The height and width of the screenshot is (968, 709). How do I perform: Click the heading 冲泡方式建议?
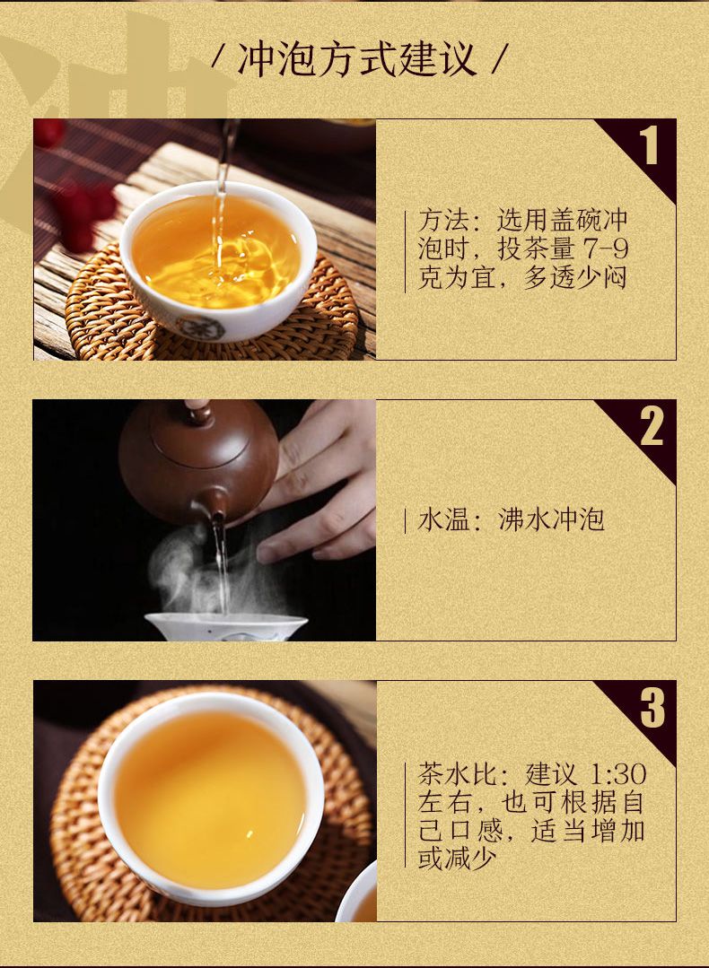[x=357, y=59]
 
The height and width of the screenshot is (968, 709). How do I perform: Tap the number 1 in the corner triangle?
[x=648, y=146]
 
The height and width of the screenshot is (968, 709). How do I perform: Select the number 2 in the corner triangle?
[x=652, y=427]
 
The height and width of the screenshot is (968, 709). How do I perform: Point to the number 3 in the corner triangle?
[x=652, y=708]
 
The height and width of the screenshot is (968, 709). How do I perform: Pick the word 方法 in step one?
[x=443, y=220]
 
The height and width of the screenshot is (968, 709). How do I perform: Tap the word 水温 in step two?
[x=443, y=519]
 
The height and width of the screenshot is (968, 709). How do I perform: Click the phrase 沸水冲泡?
[x=551, y=519]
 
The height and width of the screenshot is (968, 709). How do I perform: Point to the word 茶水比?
[x=458, y=774]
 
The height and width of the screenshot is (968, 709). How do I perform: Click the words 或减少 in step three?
[x=457, y=859]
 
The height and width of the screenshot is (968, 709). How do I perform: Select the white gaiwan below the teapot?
[x=226, y=626]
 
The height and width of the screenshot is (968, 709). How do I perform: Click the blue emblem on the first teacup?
[x=200, y=327]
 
